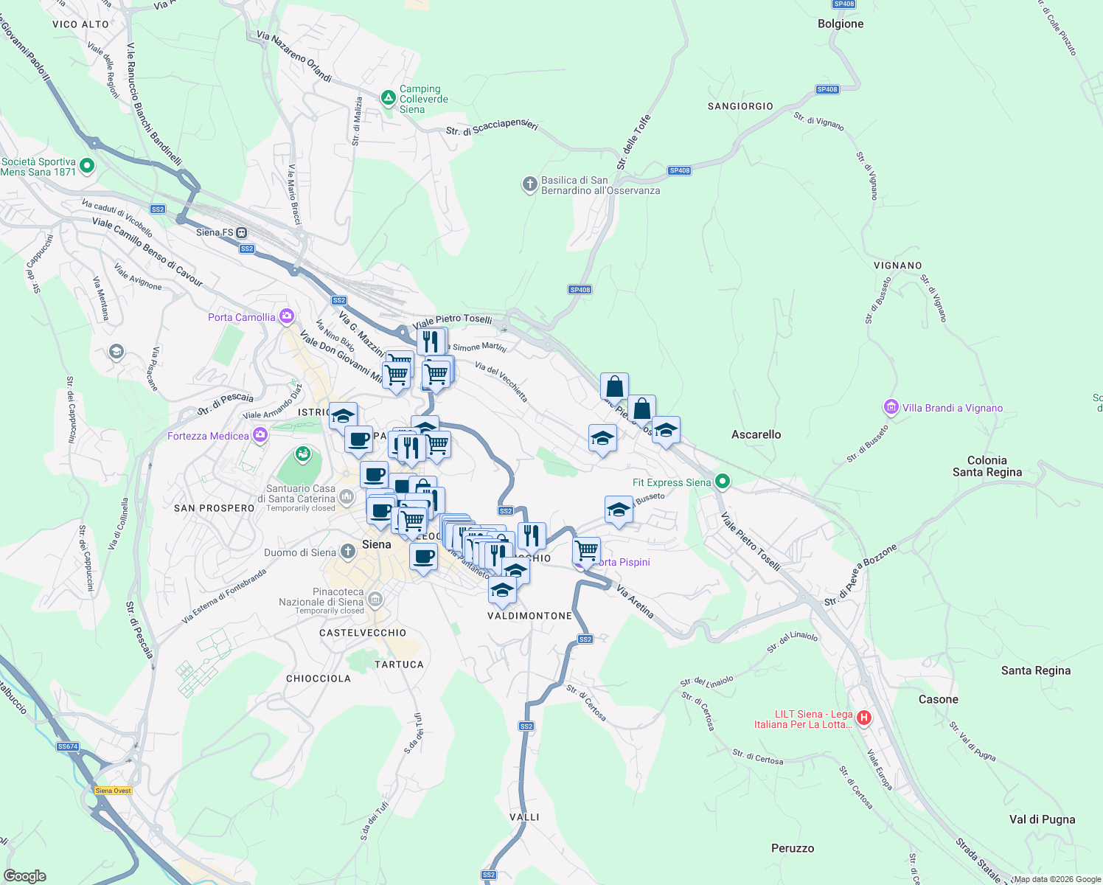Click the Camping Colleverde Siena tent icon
(388, 97)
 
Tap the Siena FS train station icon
(241, 232)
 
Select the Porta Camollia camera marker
(286, 317)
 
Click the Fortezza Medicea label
(208, 436)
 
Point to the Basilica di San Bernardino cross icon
(529, 184)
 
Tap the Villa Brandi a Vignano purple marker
(891, 407)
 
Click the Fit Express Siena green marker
(723, 482)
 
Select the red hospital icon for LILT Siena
(864, 717)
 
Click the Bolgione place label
(840, 24)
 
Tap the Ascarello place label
(756, 434)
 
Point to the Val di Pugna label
(1042, 819)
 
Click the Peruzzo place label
(793, 848)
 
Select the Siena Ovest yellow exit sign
(113, 791)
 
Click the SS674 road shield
(67, 746)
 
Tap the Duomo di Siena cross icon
(348, 552)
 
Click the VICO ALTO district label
(80, 24)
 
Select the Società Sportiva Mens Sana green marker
(87, 166)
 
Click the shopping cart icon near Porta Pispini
(586, 550)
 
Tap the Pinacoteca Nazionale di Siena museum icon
(375, 600)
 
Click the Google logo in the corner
(24, 875)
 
